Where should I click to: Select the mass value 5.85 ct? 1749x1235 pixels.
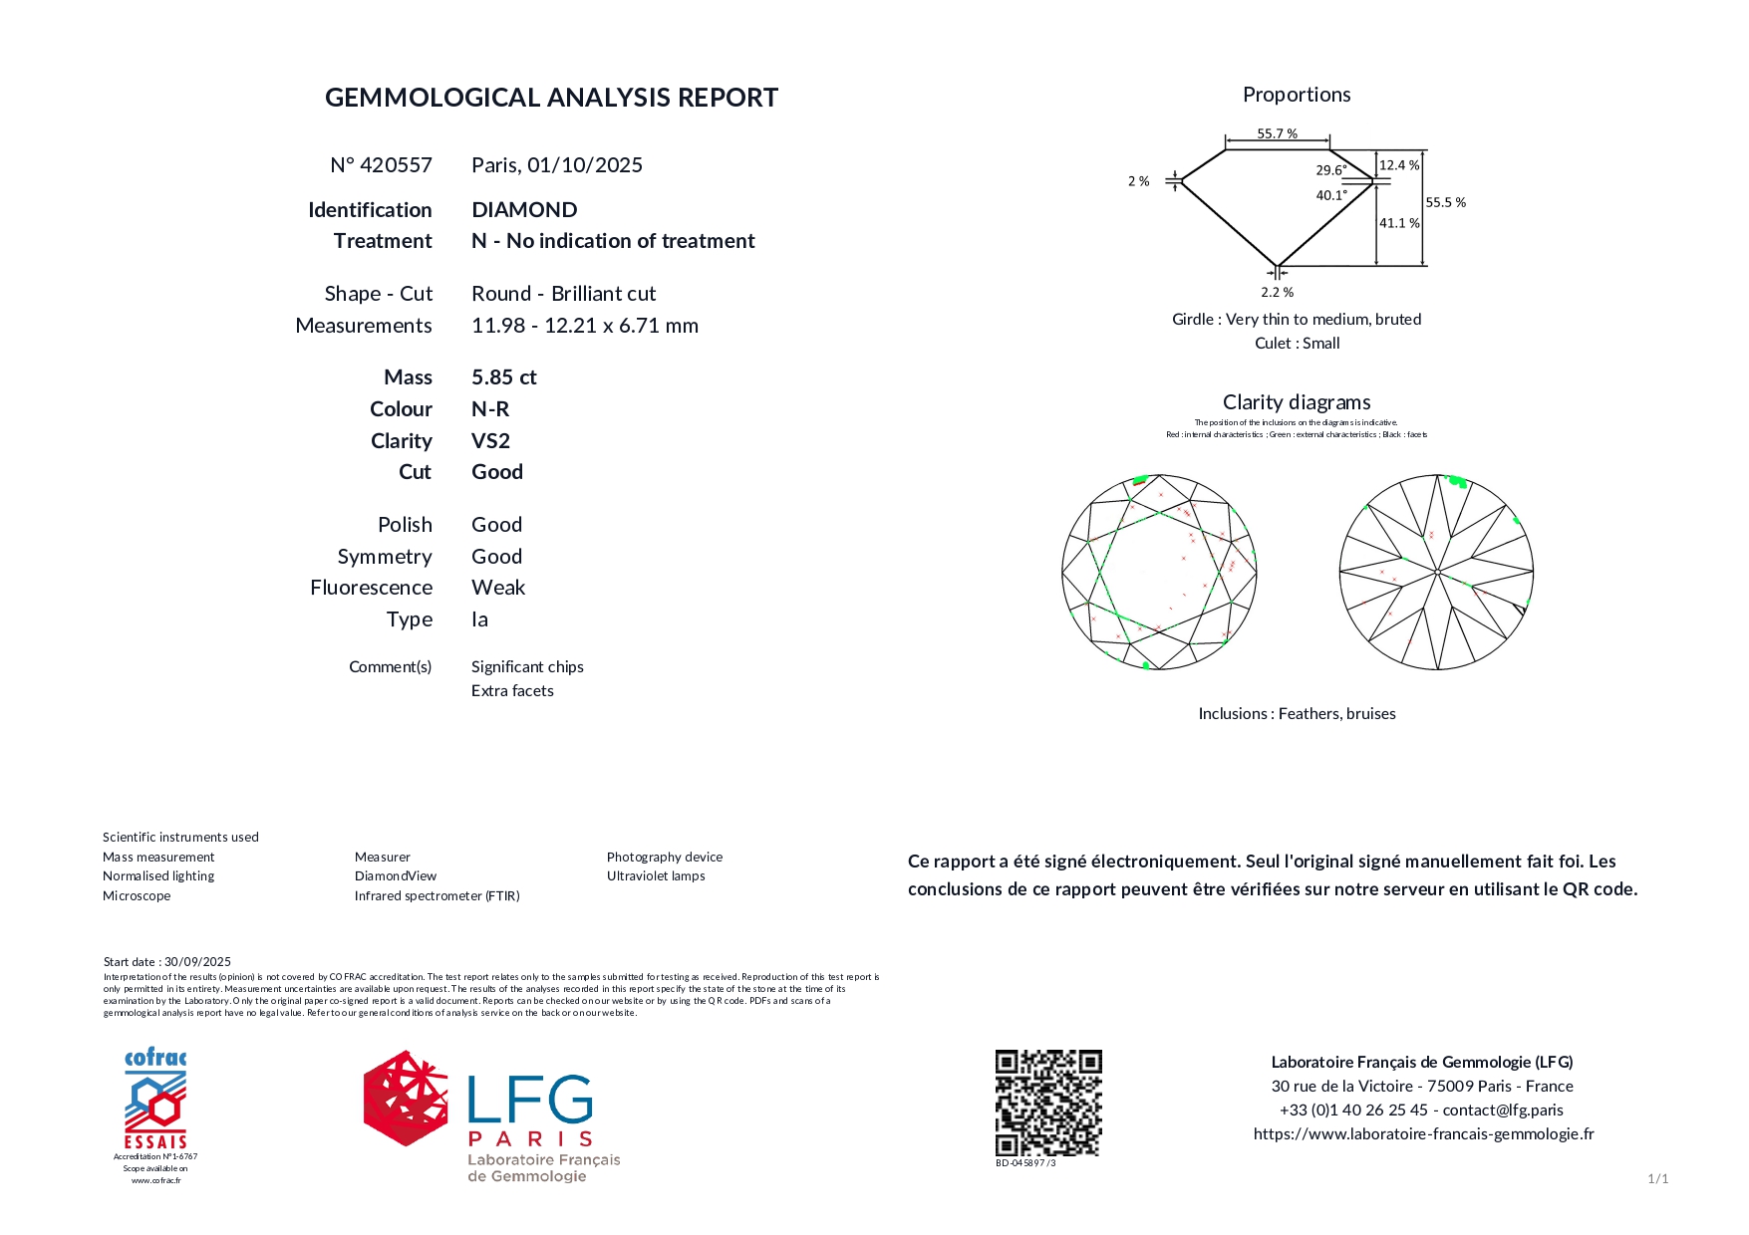[x=503, y=377]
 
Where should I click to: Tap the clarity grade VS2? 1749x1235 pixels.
[x=490, y=441]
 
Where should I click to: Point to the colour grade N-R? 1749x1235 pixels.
[x=489, y=409]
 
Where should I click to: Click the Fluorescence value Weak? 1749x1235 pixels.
[x=497, y=588]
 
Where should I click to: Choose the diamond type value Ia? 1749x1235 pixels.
[x=479, y=619]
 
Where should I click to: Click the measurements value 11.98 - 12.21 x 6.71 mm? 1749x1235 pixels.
[x=584, y=326]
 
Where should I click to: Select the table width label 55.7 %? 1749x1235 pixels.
[x=1277, y=133]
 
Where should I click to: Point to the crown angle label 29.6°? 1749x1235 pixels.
[x=1330, y=170]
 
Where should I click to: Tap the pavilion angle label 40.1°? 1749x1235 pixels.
[x=1330, y=195]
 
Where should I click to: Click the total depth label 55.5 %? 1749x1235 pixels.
[x=1445, y=202]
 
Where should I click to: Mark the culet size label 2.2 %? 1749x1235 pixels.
[x=1277, y=293]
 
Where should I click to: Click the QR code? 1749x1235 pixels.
[x=1047, y=1102]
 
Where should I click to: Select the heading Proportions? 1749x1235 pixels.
[x=1296, y=95]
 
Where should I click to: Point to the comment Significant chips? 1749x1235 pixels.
[x=527, y=667]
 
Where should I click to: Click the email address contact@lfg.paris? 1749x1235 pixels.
[x=1503, y=1111]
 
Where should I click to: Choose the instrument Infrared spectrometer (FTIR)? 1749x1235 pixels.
[x=437, y=896]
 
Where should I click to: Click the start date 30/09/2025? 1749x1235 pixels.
[x=197, y=962]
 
